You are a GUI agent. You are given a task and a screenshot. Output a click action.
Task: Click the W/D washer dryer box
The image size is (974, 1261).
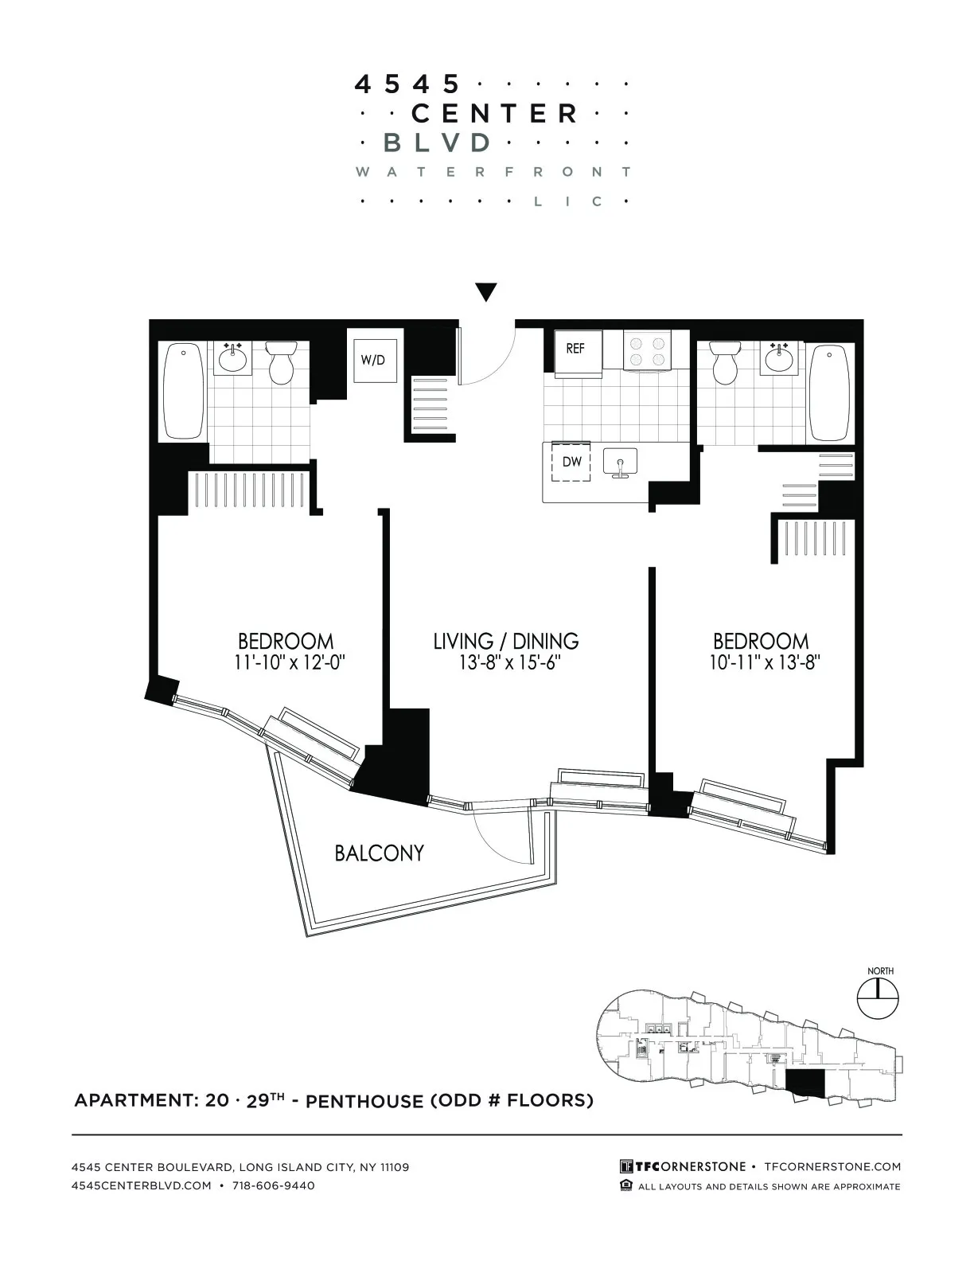(x=373, y=360)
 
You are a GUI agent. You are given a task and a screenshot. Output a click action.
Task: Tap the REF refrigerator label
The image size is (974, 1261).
(x=575, y=349)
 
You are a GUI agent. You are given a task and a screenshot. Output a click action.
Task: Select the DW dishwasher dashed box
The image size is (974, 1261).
(x=572, y=462)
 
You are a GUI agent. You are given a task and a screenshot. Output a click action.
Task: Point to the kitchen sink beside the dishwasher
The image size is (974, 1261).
(x=621, y=463)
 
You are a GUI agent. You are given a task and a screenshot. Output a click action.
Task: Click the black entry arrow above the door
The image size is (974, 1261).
(x=486, y=292)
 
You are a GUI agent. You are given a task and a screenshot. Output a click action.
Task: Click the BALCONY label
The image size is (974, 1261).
(x=379, y=853)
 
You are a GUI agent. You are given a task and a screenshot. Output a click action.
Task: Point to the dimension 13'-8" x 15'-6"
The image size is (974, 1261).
(x=505, y=663)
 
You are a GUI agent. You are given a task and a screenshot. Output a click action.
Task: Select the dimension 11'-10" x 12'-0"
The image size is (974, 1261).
(x=290, y=662)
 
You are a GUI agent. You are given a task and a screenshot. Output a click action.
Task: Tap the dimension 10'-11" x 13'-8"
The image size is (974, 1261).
(x=764, y=662)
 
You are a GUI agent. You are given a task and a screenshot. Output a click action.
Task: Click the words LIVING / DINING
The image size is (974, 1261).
(x=505, y=641)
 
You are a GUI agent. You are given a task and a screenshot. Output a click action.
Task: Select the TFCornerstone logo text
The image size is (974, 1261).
(x=683, y=1166)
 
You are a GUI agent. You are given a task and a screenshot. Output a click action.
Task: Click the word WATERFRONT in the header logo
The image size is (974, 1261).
(x=493, y=172)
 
